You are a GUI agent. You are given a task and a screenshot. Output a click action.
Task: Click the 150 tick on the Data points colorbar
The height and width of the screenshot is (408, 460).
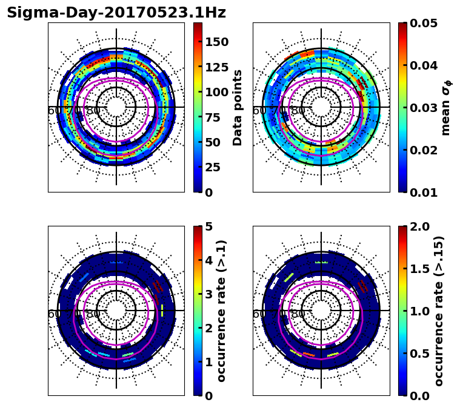pyautogui.click(x=216, y=41)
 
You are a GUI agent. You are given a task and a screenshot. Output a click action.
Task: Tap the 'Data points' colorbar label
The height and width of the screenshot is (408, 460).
pyautogui.click(x=238, y=108)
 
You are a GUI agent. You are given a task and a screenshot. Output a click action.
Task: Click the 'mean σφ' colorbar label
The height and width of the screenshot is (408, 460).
pyautogui.click(x=445, y=108)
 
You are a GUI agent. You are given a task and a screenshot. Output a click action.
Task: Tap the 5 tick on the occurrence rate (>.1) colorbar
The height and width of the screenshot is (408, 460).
pyautogui.click(x=208, y=226)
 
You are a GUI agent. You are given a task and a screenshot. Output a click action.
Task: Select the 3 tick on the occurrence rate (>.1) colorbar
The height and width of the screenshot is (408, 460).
pyautogui.click(x=208, y=294)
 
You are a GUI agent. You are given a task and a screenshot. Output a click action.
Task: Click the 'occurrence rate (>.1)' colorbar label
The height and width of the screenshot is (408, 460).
pyautogui.click(x=222, y=311)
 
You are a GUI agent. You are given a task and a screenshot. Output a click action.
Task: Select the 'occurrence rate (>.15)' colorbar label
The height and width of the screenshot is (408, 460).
pyautogui.click(x=439, y=311)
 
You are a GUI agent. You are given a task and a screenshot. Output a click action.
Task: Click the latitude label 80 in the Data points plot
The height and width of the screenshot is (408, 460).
pyautogui.click(x=93, y=111)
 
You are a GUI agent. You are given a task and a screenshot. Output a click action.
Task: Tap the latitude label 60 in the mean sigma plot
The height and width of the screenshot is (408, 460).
pyautogui.click(x=259, y=111)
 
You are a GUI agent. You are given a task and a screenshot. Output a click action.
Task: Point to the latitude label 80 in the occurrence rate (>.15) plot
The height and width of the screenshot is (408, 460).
pyautogui.click(x=298, y=314)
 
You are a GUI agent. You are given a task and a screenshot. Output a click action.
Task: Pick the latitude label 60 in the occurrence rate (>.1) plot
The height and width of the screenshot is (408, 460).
pyautogui.click(x=54, y=314)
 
